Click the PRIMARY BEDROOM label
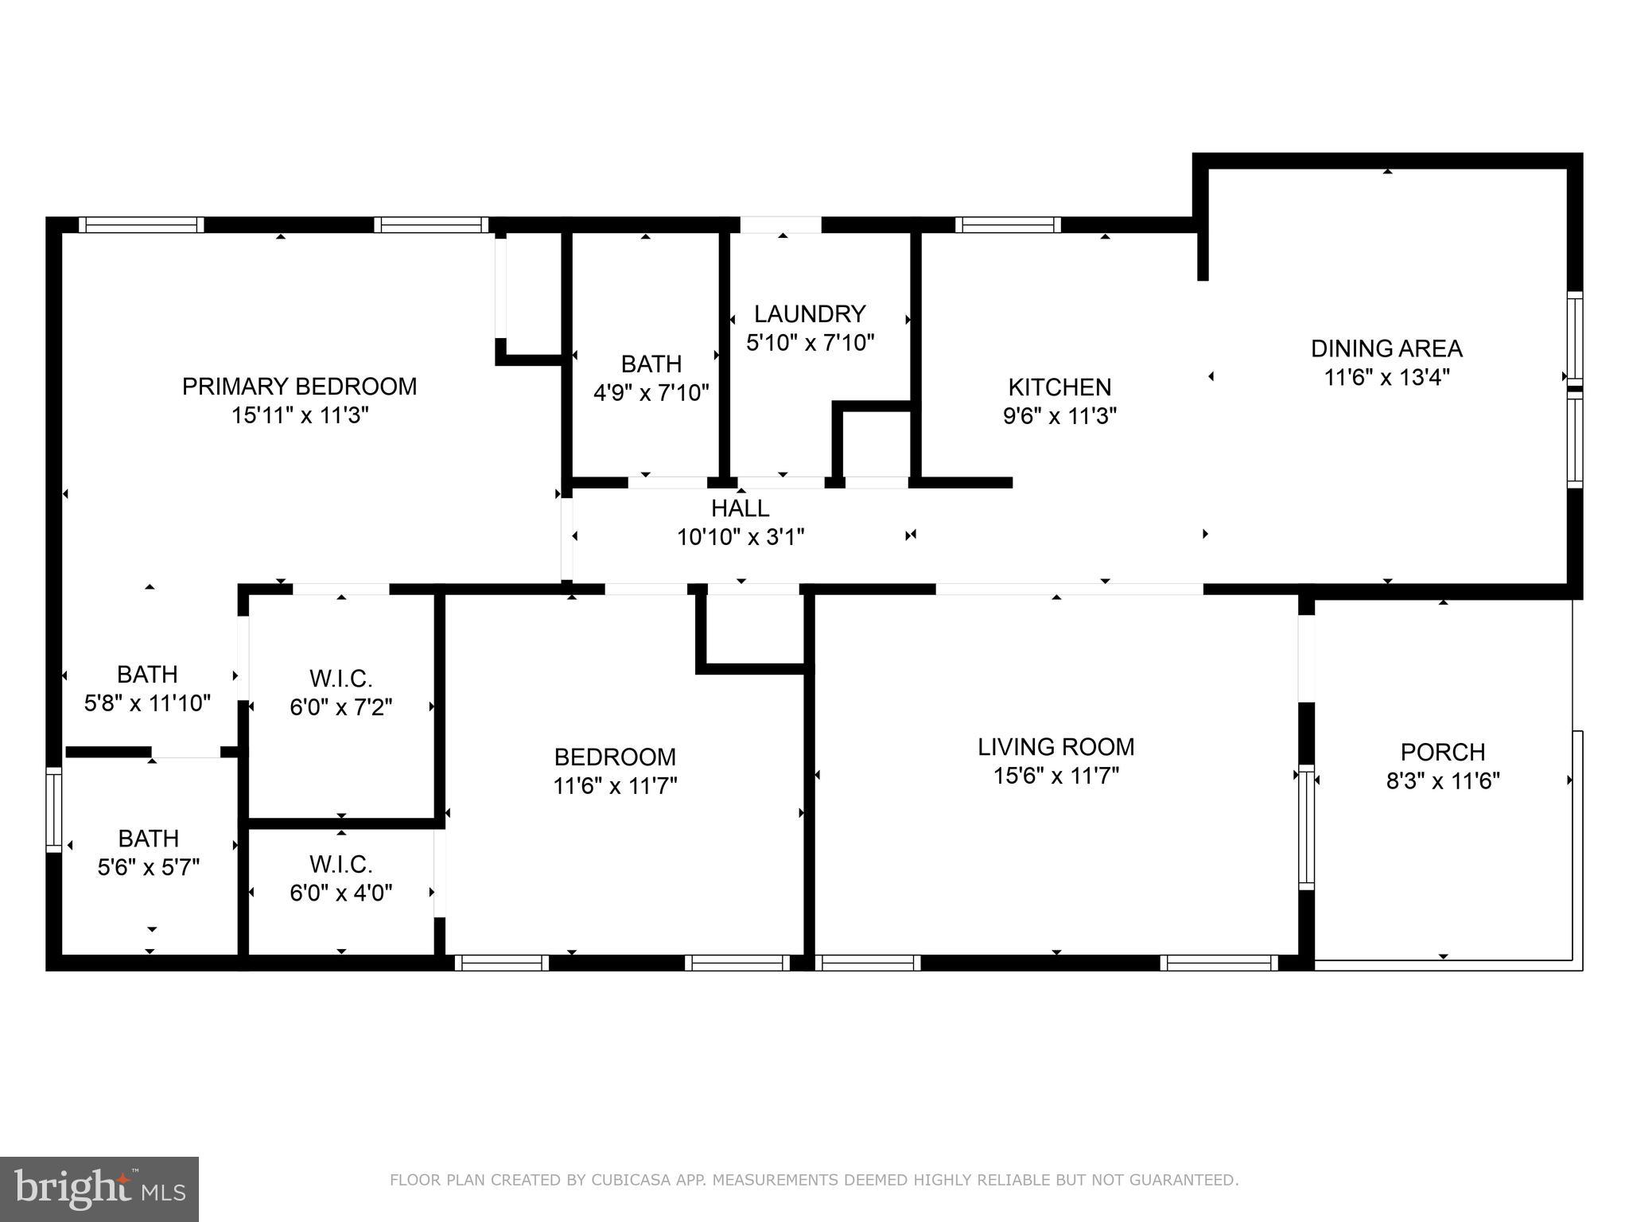[299, 387]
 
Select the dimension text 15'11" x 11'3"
[299, 415]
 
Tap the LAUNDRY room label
[809, 313]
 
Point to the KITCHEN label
[1059, 387]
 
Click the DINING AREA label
[1386, 348]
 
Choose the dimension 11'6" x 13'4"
[1386, 377]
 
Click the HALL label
[740, 508]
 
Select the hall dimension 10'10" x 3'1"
[740, 538]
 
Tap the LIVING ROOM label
[1056, 747]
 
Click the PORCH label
[1442, 752]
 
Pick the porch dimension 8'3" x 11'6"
[1442, 781]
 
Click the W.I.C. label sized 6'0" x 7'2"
[340, 679]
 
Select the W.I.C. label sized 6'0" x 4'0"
[340, 864]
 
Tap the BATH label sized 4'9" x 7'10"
[651, 364]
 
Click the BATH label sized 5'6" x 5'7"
[148, 839]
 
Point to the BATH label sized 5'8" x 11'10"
[147, 675]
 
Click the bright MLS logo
[99, 1189]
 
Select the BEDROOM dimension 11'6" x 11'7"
[614, 786]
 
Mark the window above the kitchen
[1007, 225]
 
